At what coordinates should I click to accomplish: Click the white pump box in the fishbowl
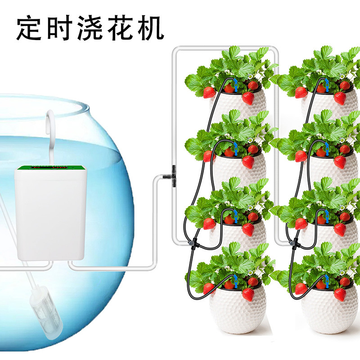tap(50, 216)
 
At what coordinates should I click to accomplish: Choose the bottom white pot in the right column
tap(329, 310)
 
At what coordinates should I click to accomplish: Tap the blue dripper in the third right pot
tap(326, 216)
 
